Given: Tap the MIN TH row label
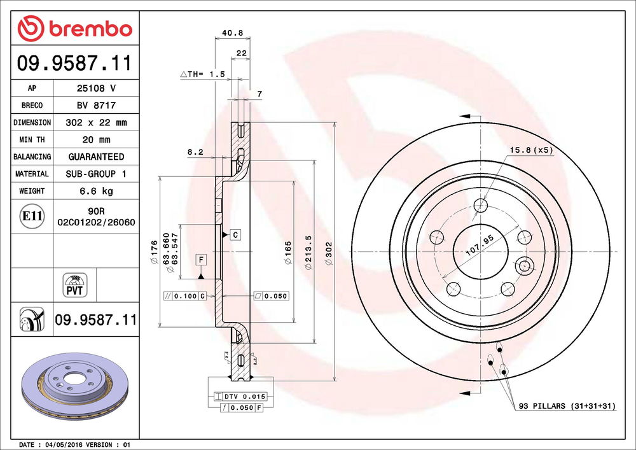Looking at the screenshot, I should pyautogui.click(x=31, y=139).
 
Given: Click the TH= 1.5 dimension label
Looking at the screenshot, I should pyautogui.click(x=204, y=74).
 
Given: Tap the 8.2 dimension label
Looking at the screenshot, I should pyautogui.click(x=195, y=151).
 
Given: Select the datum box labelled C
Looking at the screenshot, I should pyautogui.click(x=234, y=235).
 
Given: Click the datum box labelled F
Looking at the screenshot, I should pyautogui.click(x=200, y=260).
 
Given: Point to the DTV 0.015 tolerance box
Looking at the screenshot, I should pyautogui.click(x=240, y=397).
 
